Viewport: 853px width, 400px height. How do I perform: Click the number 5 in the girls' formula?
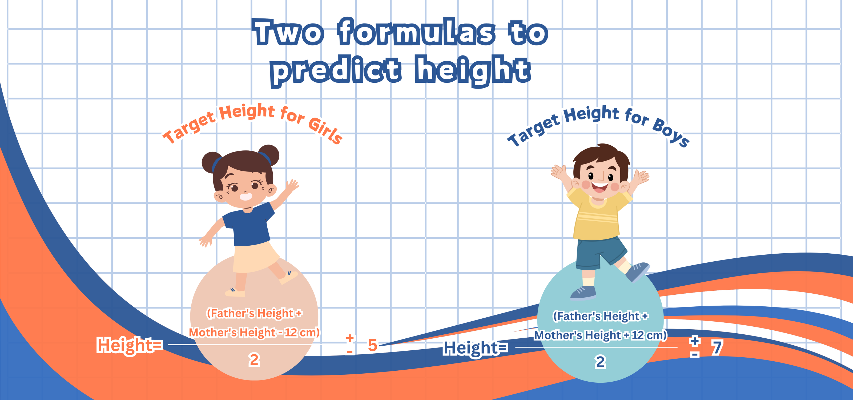[x=373, y=345]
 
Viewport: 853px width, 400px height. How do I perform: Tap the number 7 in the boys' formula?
[x=717, y=348]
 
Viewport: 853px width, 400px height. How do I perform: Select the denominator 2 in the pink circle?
[x=254, y=360]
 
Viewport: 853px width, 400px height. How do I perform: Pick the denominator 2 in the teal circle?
[x=600, y=362]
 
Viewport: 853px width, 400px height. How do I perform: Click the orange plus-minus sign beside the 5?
[x=350, y=344]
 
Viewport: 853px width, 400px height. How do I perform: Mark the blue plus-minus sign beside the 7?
[x=695, y=347]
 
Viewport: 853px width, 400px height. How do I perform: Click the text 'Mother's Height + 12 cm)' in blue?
[x=600, y=335]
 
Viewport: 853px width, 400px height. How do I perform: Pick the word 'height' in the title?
[x=473, y=70]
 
